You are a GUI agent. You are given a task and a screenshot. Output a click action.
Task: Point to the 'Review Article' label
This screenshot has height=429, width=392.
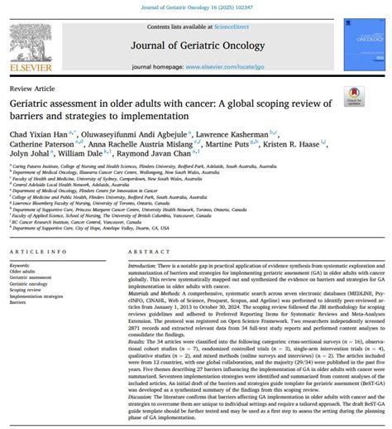click(31, 88)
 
